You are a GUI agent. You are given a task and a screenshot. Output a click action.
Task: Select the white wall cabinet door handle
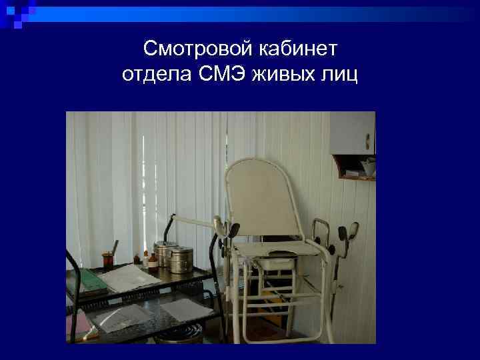pos(367,142)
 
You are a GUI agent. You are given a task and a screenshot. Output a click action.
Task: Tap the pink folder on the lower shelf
pos(80,327)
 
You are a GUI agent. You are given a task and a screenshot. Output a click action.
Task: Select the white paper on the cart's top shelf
pos(130,277)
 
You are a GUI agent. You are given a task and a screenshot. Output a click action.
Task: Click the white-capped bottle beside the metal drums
pos(153,256)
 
